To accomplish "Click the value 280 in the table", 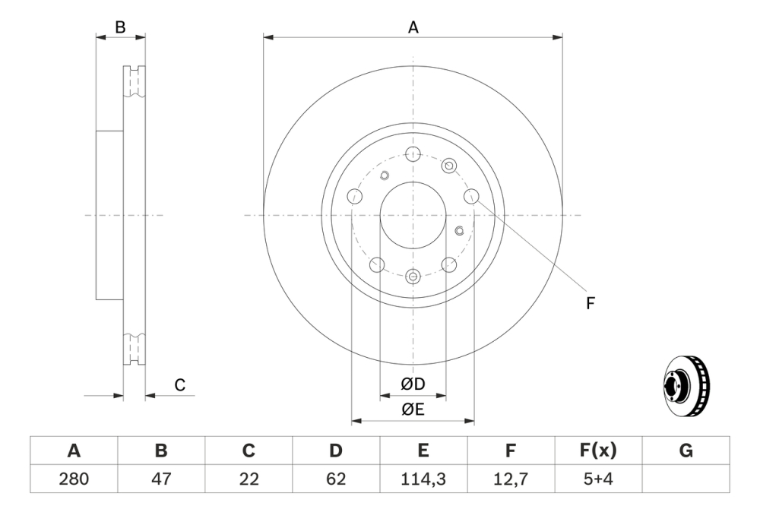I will (x=74, y=479).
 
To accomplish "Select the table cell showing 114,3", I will (x=423, y=479).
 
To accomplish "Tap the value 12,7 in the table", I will (x=511, y=479).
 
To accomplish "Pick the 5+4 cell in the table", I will (x=598, y=479).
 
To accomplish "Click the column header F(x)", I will (x=598, y=451).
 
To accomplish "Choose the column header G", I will (x=686, y=451).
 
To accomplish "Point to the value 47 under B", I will (x=161, y=479).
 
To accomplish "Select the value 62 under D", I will (x=336, y=479).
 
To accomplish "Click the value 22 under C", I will (x=249, y=479).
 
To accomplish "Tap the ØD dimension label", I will (x=413, y=384).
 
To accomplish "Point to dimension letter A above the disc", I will (x=413, y=27).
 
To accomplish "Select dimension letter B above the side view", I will (x=120, y=27).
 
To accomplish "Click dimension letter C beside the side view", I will (x=180, y=385).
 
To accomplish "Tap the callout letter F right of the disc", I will (x=590, y=303).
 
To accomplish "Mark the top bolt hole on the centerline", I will (x=413, y=155).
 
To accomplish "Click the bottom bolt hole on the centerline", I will (x=413, y=277).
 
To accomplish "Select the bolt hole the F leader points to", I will (x=471, y=197).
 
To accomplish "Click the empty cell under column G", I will (x=686, y=479).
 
